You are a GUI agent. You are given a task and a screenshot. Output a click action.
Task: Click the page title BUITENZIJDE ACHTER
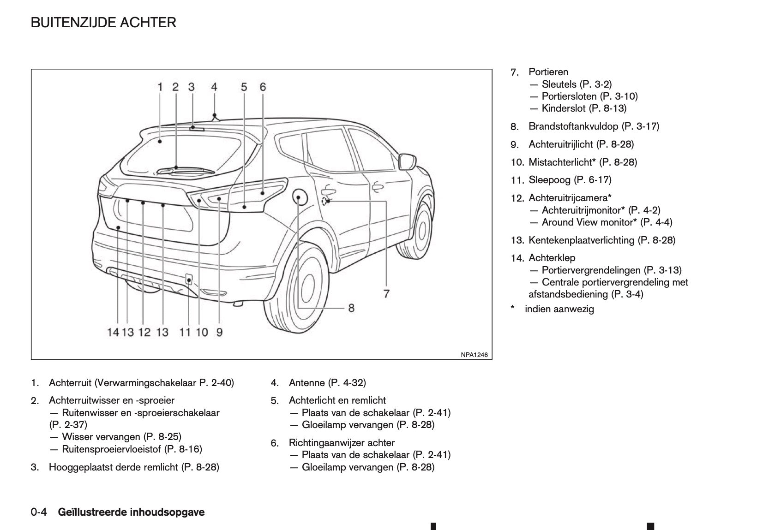103,23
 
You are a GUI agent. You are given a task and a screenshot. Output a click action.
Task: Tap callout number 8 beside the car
351,308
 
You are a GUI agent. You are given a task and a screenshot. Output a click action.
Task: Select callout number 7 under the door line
386,293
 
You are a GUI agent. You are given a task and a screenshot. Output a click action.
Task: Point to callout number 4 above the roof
214,87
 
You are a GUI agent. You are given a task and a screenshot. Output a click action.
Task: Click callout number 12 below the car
144,332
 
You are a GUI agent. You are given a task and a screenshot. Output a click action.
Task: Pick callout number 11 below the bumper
185,332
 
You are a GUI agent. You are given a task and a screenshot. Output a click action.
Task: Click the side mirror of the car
407,161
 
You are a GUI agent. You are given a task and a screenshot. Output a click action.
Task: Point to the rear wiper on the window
185,170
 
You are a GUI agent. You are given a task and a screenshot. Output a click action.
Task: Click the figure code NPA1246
474,355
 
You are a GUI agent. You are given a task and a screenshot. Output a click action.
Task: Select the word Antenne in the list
306,383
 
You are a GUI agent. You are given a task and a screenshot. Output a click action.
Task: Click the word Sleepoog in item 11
547,180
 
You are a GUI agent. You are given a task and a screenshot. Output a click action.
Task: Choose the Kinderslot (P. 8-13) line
584,108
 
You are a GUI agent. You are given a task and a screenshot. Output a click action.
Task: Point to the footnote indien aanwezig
559,309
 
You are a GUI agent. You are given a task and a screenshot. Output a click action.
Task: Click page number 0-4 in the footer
39,512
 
